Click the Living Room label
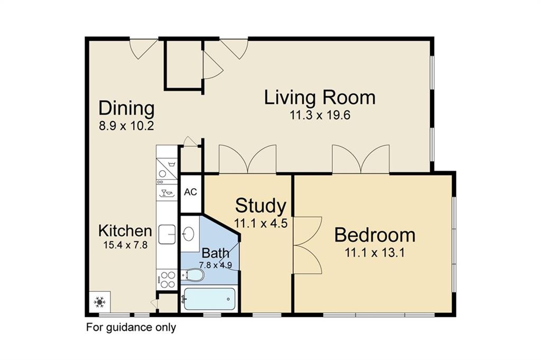(320, 97)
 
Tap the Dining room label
(126, 109)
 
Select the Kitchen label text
(125, 230)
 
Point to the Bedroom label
(375, 235)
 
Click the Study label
(260, 206)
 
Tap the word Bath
(216, 253)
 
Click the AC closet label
(190, 192)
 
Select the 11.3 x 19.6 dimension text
(320, 115)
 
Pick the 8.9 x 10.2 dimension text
(126, 126)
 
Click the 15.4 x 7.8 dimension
(125, 245)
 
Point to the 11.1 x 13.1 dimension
(375, 253)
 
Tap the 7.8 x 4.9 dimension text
(216, 265)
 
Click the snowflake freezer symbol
(100, 302)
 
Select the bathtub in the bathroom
(209, 299)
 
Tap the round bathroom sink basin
(189, 234)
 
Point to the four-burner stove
(166, 280)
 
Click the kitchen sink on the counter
(167, 234)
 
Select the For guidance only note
(131, 327)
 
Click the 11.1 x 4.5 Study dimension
(261, 223)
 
